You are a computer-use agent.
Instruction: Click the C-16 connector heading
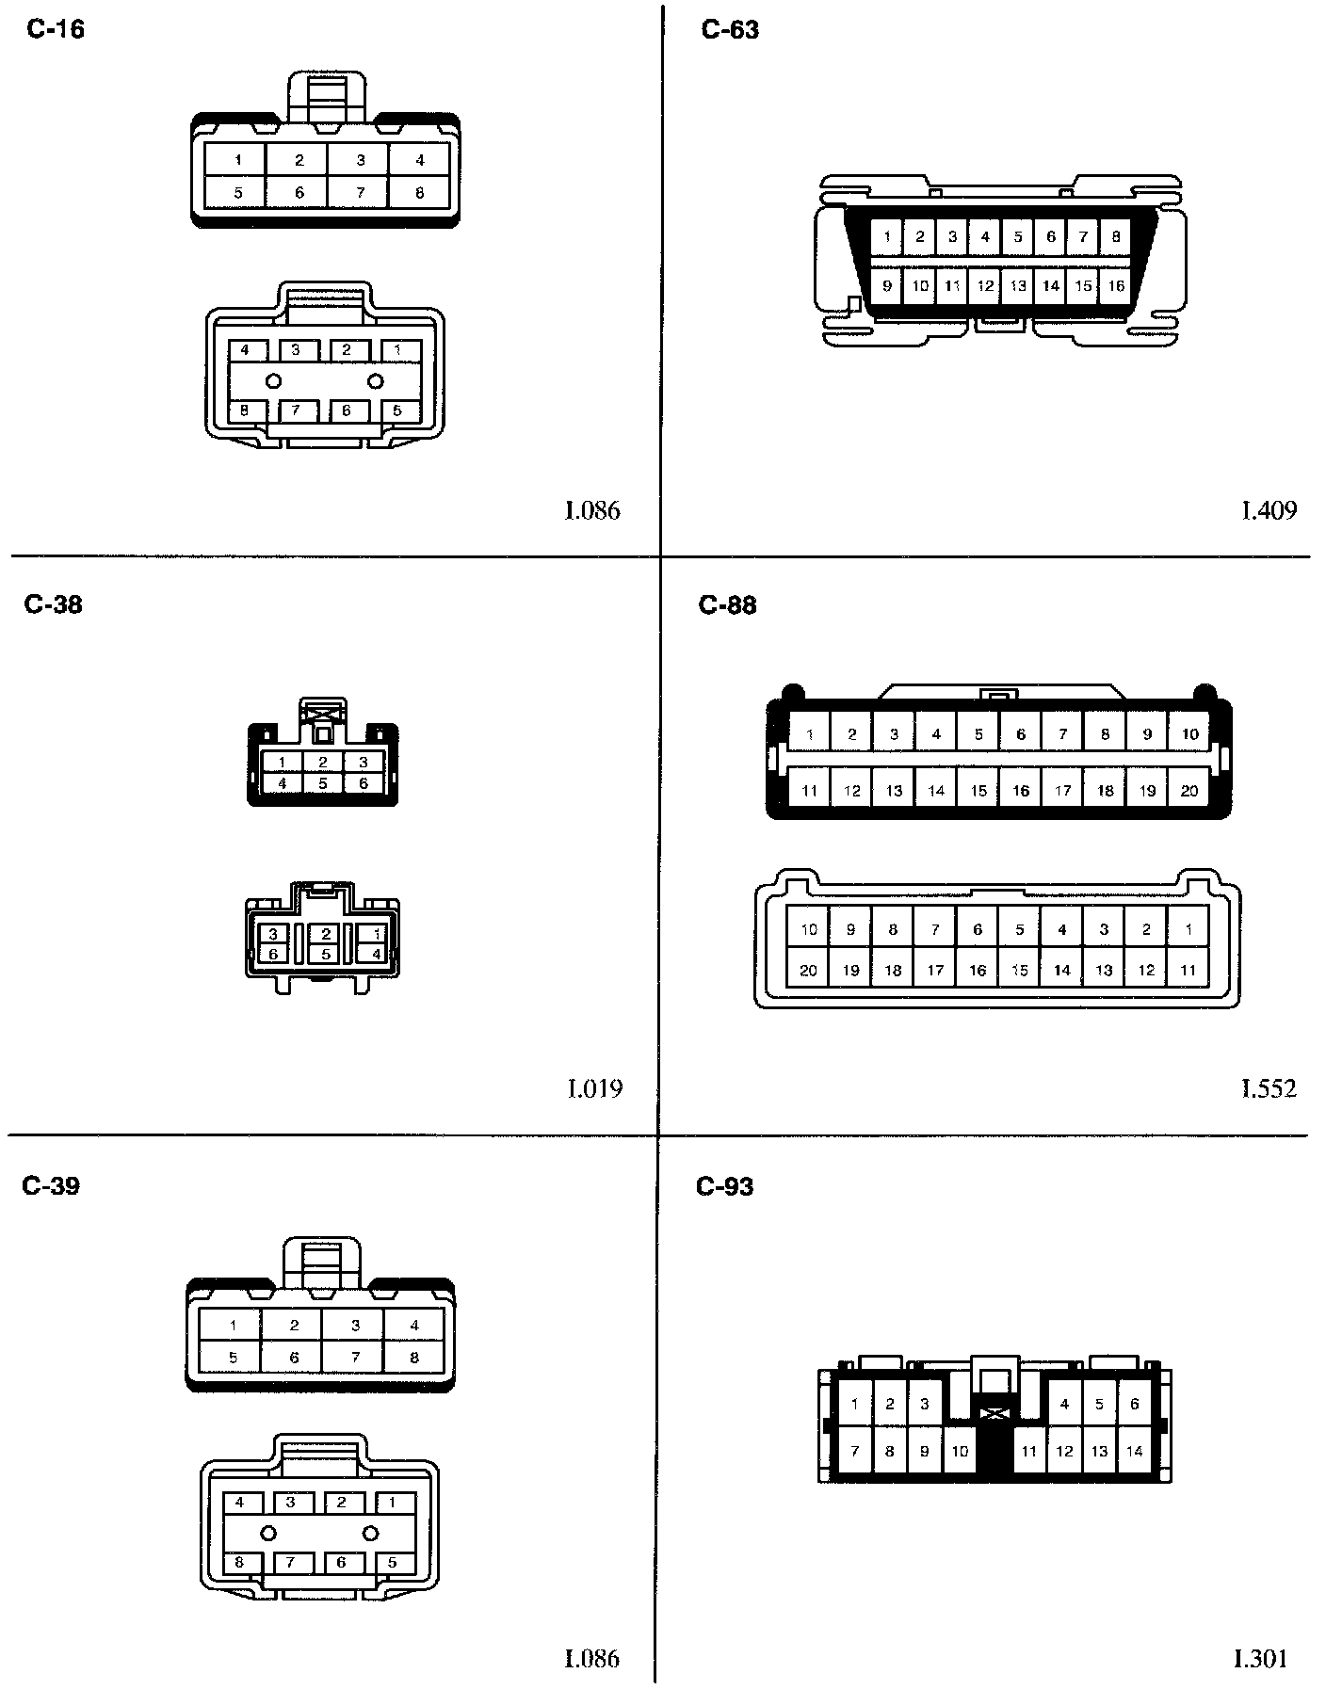[x=56, y=30]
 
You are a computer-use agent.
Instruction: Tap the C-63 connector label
[x=730, y=30]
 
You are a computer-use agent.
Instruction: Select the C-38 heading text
[x=54, y=604]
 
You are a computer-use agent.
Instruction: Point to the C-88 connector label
[x=728, y=604]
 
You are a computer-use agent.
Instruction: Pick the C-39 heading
[x=51, y=1185]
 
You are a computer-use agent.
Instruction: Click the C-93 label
[x=725, y=1186]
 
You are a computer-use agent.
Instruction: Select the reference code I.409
[x=1268, y=510]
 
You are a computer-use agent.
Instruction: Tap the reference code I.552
[x=1268, y=1088]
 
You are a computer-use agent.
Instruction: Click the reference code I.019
[x=594, y=1088]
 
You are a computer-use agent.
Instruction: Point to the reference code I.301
[x=1260, y=1658]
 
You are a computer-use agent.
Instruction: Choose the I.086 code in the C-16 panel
[x=592, y=510]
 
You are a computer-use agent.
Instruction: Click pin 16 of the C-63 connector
[x=1116, y=285]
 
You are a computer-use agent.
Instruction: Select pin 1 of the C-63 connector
[x=887, y=237]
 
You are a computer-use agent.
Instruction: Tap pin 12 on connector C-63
[x=985, y=285]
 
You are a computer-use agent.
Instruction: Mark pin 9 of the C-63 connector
[x=887, y=285]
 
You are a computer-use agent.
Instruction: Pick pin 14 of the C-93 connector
[x=1135, y=1451]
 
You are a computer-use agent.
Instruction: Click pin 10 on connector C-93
[x=960, y=1451]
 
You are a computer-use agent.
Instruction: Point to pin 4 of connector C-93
[x=1064, y=1404]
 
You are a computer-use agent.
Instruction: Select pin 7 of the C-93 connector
[x=854, y=1451]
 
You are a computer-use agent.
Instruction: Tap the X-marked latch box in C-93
[x=994, y=1413]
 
